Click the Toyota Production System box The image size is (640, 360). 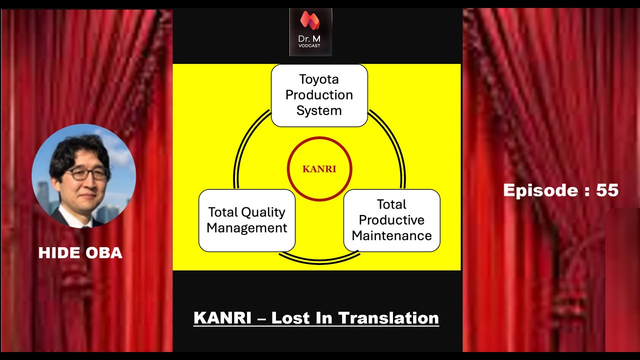(319, 95)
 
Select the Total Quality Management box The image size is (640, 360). (246, 220)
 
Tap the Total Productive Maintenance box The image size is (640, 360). (391, 220)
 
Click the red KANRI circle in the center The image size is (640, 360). (319, 169)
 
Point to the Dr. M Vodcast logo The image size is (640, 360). (310, 31)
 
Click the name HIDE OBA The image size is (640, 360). (80, 253)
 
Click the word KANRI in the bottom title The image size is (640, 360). (222, 318)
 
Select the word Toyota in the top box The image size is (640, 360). (319, 79)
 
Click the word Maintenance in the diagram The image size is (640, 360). (391, 235)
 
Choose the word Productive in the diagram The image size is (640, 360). (391, 220)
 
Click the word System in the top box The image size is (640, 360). (319, 110)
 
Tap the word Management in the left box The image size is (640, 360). (246, 228)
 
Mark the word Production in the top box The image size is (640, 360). (319, 95)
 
